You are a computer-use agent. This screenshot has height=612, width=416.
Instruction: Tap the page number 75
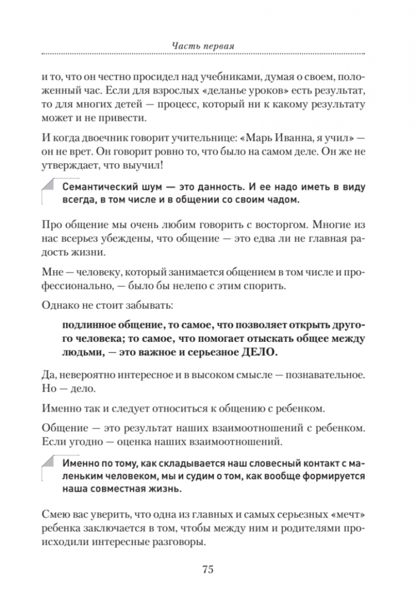pyautogui.click(x=207, y=569)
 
